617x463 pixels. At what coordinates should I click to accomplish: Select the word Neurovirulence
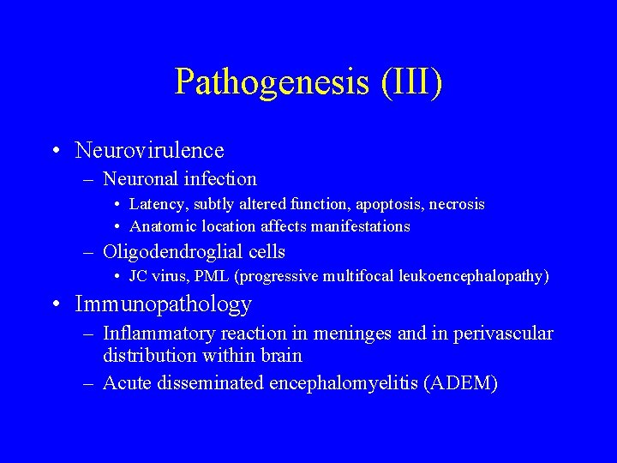[x=150, y=151]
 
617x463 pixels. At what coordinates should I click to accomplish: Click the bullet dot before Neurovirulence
[x=55, y=151]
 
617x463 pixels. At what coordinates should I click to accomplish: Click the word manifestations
[x=360, y=226]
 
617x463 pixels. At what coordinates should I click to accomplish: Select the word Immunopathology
[x=164, y=304]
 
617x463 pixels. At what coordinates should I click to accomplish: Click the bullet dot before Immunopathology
[x=55, y=304]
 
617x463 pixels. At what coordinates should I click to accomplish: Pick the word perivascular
[x=506, y=334]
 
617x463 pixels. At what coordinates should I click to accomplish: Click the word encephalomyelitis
[x=344, y=383]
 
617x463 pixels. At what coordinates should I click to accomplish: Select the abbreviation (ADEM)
[x=461, y=383]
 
